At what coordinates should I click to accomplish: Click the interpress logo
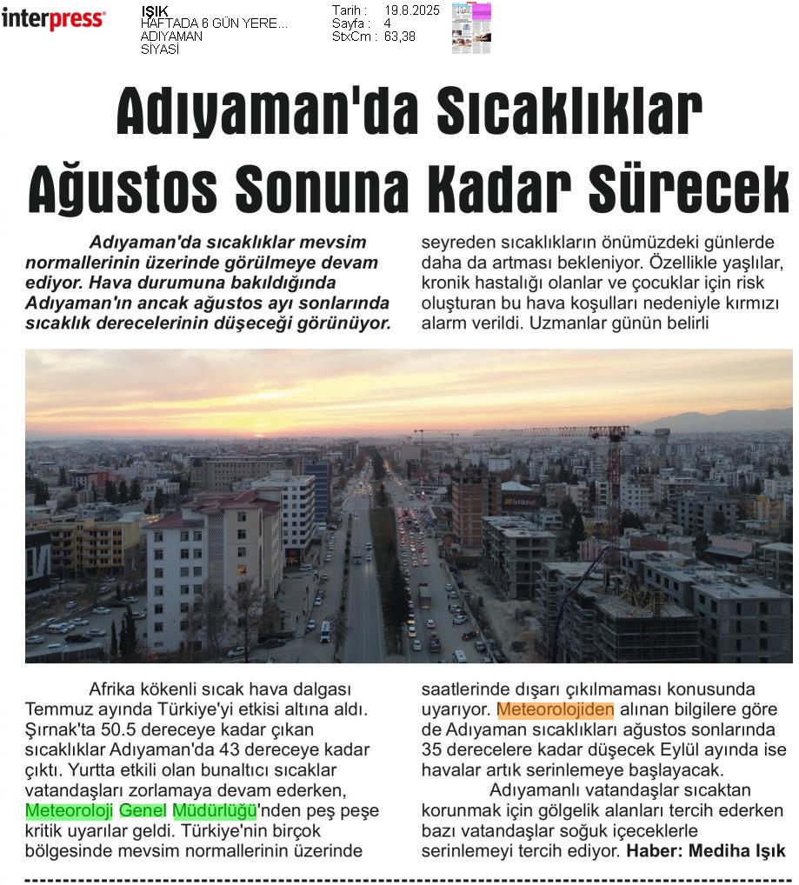pyautogui.click(x=53, y=19)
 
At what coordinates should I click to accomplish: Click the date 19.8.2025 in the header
pyautogui.click(x=411, y=10)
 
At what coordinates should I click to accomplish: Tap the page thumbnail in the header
pyautogui.click(x=471, y=28)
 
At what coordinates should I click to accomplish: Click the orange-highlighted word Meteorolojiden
pyautogui.click(x=556, y=709)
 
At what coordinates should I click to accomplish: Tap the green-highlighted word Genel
pyautogui.click(x=143, y=810)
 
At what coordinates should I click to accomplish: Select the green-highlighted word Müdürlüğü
pyautogui.click(x=215, y=810)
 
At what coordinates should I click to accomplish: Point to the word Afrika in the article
pyautogui.click(x=114, y=689)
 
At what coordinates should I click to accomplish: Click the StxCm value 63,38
pyautogui.click(x=400, y=37)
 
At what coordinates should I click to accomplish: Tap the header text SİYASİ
pyautogui.click(x=160, y=50)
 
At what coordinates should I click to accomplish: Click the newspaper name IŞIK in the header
pyautogui.click(x=155, y=10)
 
